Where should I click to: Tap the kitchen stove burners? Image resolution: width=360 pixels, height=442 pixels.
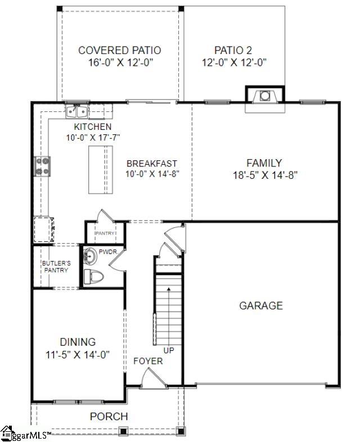click(x=42, y=165)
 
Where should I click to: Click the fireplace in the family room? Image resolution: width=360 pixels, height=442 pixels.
click(x=264, y=96)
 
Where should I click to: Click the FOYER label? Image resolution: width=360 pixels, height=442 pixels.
click(x=148, y=360)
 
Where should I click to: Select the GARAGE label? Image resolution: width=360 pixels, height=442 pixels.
click(x=261, y=306)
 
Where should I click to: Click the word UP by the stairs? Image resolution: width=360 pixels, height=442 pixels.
click(x=169, y=350)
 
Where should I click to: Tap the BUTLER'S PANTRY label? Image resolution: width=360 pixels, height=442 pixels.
click(x=56, y=267)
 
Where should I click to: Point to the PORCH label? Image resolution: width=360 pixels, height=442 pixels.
click(x=109, y=417)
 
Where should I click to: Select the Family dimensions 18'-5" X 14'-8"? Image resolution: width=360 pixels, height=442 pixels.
click(x=264, y=175)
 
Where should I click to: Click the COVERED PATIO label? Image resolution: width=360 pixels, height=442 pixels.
click(x=119, y=51)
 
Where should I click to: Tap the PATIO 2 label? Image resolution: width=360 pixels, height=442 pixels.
click(x=234, y=51)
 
